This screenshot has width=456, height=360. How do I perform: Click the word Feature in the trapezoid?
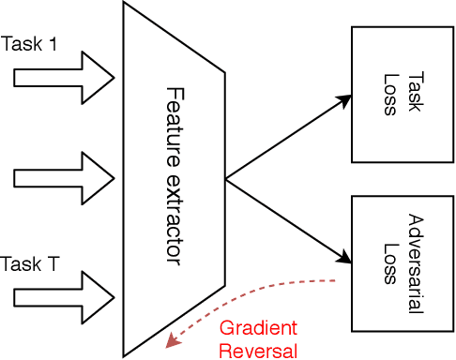(175, 122)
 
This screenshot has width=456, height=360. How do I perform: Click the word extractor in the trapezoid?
(175, 215)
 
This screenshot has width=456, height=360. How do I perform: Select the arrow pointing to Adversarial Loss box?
(286, 215)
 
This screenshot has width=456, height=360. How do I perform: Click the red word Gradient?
(257, 328)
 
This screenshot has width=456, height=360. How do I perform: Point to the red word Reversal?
(257, 351)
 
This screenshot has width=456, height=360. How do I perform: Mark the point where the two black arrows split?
(225, 174)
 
